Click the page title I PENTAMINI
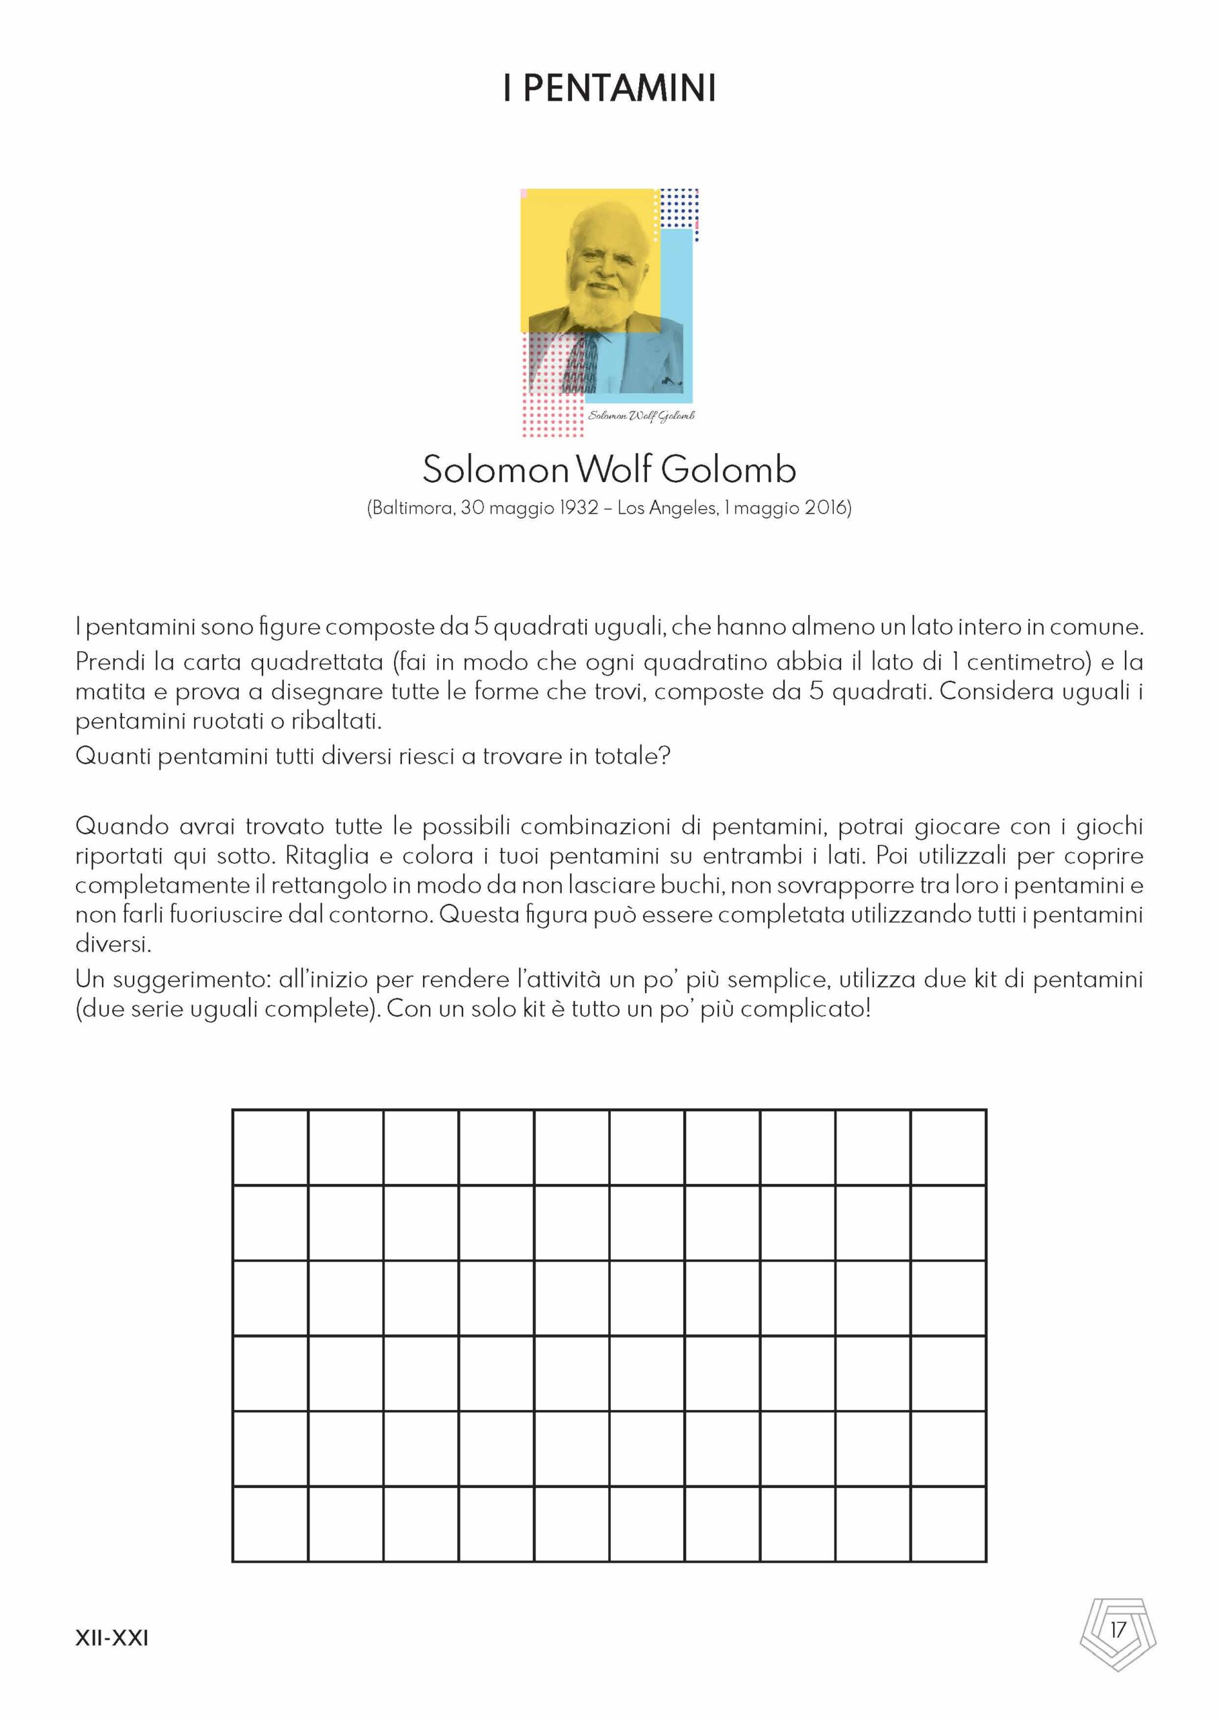pos(609,88)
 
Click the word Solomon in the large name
pos(495,470)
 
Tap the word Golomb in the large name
pos(728,470)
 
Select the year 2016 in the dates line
pos(825,508)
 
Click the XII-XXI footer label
pos(112,1637)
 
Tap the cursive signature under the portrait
pos(641,416)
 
